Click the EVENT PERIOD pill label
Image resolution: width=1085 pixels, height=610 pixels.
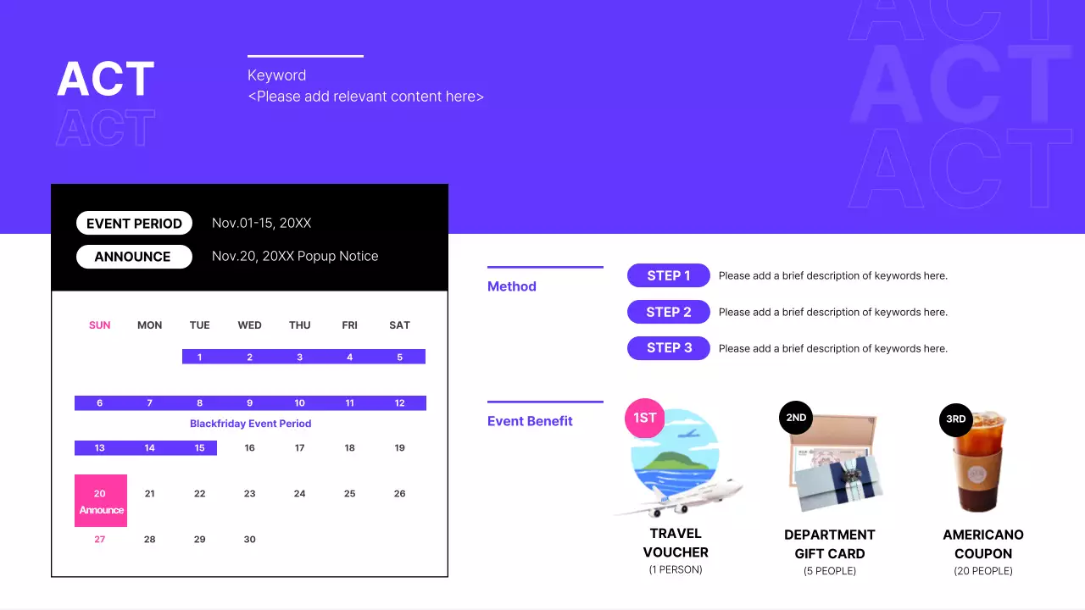click(134, 224)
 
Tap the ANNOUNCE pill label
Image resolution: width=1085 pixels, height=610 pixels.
click(132, 257)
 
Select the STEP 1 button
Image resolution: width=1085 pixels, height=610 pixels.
click(668, 275)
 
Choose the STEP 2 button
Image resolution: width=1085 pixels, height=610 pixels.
click(668, 312)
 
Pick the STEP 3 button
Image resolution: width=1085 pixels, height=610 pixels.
click(668, 348)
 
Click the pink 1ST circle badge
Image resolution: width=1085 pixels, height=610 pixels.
click(645, 418)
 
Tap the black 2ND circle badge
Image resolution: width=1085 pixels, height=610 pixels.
click(796, 418)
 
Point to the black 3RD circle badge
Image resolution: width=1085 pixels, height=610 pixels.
click(955, 419)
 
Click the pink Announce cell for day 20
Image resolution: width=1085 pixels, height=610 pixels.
click(101, 501)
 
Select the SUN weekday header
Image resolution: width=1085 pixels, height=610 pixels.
click(100, 325)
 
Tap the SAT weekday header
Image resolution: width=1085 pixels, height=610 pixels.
click(399, 325)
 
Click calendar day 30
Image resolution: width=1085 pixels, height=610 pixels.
click(249, 540)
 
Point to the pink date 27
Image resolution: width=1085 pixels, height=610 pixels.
click(100, 540)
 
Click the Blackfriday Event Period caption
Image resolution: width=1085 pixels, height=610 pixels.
click(250, 424)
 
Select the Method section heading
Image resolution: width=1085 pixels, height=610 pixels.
click(512, 286)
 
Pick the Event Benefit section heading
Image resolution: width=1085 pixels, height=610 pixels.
click(530, 421)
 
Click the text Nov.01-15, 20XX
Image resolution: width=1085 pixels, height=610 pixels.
click(261, 224)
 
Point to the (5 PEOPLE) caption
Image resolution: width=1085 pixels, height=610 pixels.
click(829, 571)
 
